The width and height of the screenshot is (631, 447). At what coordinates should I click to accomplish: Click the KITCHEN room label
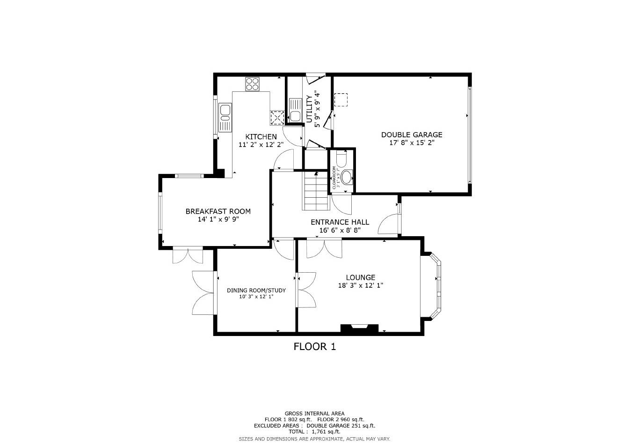(x=261, y=136)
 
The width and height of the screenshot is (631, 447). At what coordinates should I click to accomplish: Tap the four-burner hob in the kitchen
(x=252, y=84)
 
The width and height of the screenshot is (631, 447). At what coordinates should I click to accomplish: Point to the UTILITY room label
(x=309, y=109)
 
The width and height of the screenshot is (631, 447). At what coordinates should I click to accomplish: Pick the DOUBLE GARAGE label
(x=411, y=135)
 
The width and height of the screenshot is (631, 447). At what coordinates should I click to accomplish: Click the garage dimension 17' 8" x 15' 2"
(x=411, y=143)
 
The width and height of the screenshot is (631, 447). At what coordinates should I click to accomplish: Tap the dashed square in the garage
(x=341, y=100)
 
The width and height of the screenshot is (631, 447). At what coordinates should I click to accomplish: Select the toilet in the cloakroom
(x=341, y=160)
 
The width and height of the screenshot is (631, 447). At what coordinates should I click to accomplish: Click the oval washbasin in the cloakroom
(x=347, y=178)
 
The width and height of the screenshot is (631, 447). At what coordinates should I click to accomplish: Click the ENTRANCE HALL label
(x=340, y=222)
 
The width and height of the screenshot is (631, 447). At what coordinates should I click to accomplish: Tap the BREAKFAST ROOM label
(x=218, y=211)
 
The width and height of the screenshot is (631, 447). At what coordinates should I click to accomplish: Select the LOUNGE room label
(x=360, y=277)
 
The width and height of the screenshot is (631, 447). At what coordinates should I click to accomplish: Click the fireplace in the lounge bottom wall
(x=359, y=328)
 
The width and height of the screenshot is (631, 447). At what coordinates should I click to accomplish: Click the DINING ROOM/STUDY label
(x=256, y=290)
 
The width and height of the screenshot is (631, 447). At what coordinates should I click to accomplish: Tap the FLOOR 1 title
(x=314, y=347)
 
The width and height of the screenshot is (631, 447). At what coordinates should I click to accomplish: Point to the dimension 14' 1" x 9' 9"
(x=218, y=219)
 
